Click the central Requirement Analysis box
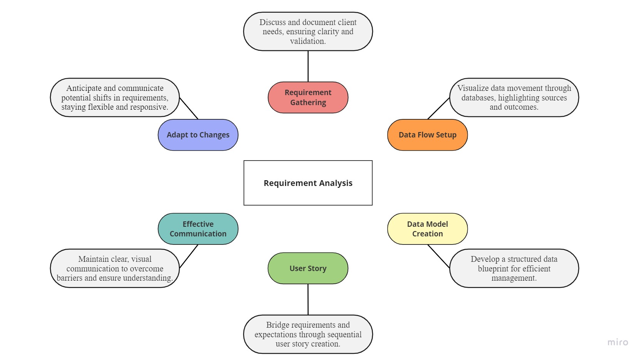(308, 183)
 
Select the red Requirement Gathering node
(308, 97)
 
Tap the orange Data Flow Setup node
(427, 135)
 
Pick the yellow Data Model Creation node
(427, 229)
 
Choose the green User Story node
(308, 268)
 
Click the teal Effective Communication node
(198, 229)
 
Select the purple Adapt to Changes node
(198, 135)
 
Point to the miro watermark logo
(618, 342)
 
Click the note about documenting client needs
(308, 32)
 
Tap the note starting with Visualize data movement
(514, 97)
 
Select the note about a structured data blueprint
(514, 268)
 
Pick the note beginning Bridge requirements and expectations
(308, 334)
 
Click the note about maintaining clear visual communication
(115, 268)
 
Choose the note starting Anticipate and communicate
(115, 97)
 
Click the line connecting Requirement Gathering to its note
(308, 66)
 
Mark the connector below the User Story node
(308, 300)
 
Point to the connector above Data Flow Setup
(438, 109)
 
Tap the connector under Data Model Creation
(438, 256)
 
